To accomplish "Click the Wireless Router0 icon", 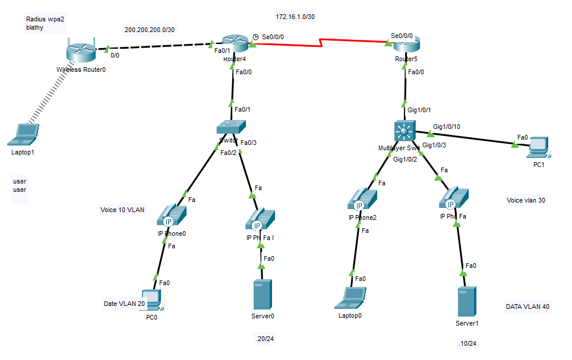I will click(80, 51).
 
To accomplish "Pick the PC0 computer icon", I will click(152, 300).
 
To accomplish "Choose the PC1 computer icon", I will click(538, 147).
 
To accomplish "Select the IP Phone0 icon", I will click(172, 215).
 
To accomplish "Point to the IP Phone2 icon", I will click(362, 200).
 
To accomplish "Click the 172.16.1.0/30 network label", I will click(295, 16).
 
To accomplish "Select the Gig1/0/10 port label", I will click(447, 127).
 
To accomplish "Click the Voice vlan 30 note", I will click(526, 200).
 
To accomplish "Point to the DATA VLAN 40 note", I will click(527, 307).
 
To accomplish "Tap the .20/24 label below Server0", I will click(265, 339).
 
